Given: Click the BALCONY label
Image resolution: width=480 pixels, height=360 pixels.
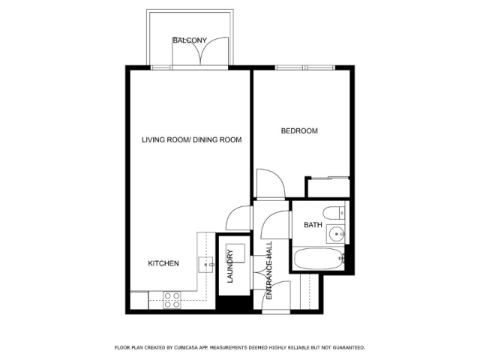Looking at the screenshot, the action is point(190,40).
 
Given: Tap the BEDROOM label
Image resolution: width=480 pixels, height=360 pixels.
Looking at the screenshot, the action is point(299,131).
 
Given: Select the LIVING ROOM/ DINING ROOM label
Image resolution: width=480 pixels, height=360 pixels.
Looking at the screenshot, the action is point(192,140).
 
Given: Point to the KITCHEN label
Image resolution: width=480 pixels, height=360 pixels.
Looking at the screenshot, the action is point(163,263).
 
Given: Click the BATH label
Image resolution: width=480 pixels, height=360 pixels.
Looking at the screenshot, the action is point(313,225).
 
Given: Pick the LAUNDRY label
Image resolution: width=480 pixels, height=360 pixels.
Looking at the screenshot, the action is point(230,266).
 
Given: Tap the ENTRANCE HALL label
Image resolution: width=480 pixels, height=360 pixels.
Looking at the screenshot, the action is point(269,271).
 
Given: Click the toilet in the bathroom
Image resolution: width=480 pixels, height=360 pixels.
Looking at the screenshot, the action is point(334,213).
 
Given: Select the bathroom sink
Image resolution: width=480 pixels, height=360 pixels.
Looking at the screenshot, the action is point(336,234).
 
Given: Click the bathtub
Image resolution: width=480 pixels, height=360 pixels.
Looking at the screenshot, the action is point(319,259).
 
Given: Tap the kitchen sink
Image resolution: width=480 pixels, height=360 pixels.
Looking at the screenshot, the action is point(206,265).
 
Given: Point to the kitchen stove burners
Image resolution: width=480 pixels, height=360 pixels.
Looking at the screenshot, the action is point(172,300).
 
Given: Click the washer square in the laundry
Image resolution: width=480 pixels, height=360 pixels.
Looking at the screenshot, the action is point(235,253).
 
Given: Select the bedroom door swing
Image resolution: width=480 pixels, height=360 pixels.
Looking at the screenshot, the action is point(271,184).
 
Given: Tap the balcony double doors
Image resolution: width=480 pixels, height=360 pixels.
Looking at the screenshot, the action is point(200,51).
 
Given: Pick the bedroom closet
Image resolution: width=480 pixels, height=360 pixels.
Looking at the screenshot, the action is point(328,187).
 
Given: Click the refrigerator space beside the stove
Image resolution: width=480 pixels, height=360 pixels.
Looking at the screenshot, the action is point(139,301).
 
